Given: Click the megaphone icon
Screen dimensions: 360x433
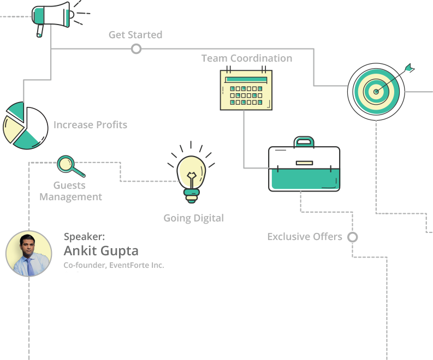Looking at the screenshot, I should pos(52,16).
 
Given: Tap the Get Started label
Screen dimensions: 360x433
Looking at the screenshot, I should pos(135,35).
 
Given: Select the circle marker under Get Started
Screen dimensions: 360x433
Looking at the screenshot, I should pos(136,49).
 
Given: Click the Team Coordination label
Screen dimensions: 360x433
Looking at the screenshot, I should pos(246,58).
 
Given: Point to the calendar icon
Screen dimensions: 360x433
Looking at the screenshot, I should pos(246,89).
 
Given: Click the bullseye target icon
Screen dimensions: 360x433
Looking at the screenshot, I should pos(375,91).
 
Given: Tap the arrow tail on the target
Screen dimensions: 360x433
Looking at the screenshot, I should pos(410,68).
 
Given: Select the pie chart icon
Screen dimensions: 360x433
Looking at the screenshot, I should pos(23,125).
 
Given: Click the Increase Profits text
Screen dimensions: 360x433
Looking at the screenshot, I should pos(90,125).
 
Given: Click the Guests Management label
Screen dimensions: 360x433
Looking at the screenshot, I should pos(70,191).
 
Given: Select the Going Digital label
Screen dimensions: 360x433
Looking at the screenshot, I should pos(193,218).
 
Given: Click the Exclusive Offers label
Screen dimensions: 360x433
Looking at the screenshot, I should pos(304,237).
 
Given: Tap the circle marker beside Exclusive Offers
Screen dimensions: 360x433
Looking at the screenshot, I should pos(353,237).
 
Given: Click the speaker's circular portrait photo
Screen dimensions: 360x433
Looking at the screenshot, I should pos(29,254).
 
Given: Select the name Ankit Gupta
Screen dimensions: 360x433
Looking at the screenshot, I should pos(101,251).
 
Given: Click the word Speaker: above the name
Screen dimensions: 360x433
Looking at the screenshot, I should pos(84,237).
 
